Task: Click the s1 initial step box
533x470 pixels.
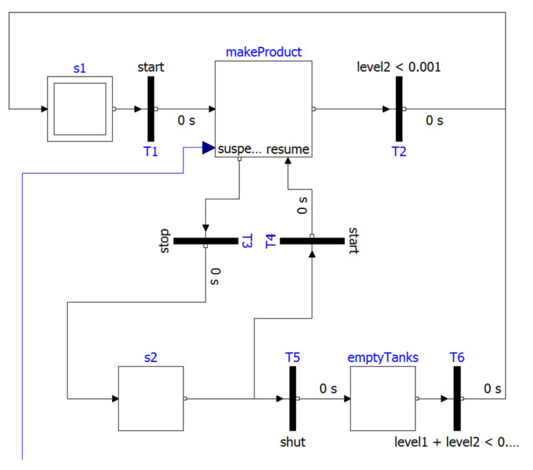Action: pos(80,109)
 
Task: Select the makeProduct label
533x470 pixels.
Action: pos(264,52)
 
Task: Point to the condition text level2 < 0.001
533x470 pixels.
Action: pos(399,67)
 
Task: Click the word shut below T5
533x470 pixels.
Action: pos(293,442)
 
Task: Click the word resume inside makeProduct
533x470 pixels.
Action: pos(288,149)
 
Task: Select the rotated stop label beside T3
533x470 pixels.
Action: pos(164,241)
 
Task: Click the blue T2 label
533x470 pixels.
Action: pos(399,152)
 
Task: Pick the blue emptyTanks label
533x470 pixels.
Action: pos(383,358)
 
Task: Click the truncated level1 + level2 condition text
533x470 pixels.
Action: pos(456,442)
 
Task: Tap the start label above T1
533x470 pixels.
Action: pos(151,67)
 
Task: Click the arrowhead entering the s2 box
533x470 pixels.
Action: pos(115,398)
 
